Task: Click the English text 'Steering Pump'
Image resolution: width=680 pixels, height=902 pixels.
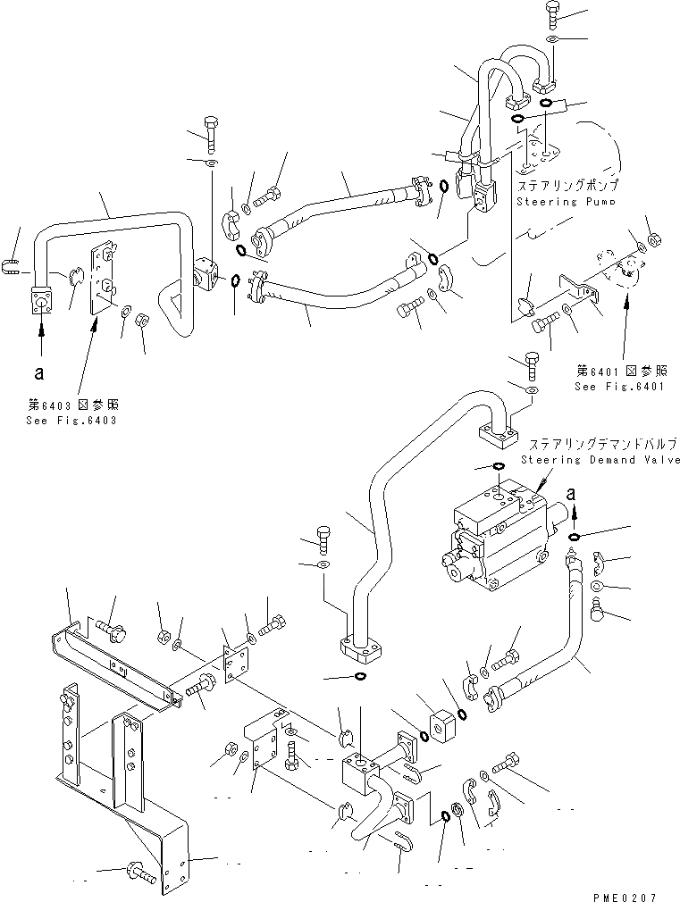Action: (565, 202)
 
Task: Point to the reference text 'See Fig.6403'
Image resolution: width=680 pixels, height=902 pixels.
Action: (71, 421)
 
